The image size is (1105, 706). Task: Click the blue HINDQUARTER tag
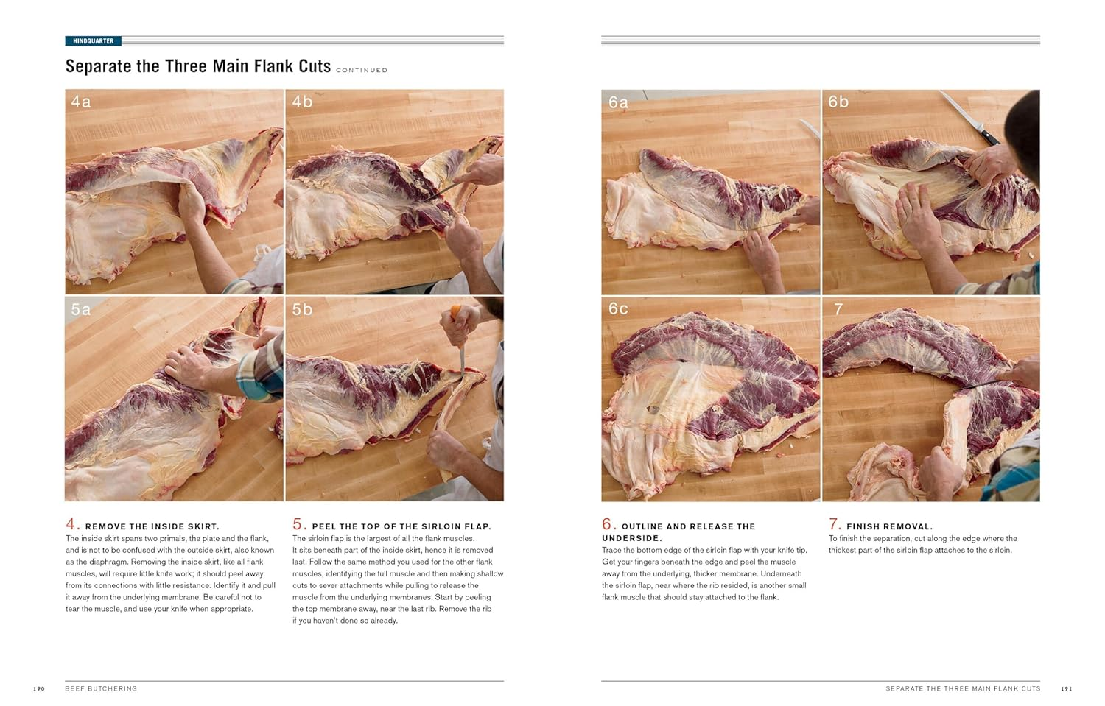coord(94,41)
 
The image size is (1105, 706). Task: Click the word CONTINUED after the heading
coord(362,71)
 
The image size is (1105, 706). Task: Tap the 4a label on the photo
coord(81,102)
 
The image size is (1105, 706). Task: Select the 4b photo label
coord(302,102)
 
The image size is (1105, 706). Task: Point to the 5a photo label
coord(81,309)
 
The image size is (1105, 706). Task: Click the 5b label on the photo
coord(302,309)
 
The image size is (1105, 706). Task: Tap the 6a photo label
coord(618,102)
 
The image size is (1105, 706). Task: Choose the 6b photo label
coord(838,102)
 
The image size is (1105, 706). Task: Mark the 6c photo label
coord(618,308)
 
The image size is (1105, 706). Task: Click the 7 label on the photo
coord(838,309)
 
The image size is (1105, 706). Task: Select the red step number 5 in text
coord(298,524)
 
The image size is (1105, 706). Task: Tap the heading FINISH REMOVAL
coord(889,526)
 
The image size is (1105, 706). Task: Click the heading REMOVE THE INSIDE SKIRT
coord(152,526)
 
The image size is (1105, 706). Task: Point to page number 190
coord(39,689)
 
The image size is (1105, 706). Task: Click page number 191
coord(1066,689)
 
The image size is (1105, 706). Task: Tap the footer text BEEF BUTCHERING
coord(101,689)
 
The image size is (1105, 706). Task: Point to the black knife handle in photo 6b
coord(991,138)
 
